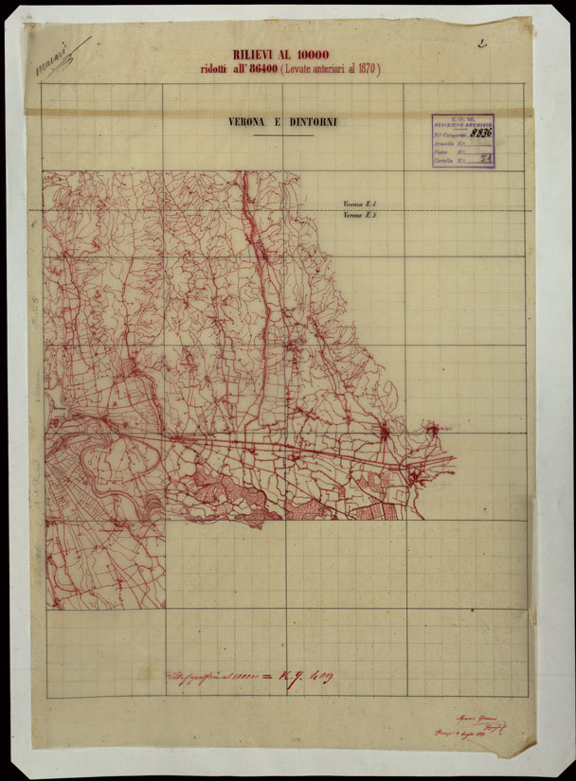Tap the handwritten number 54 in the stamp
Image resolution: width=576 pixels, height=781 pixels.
pyautogui.click(x=485, y=161)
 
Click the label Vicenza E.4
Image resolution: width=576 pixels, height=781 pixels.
pyautogui.click(x=361, y=204)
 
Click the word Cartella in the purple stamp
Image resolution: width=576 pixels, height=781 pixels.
pyautogui.click(x=443, y=162)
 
